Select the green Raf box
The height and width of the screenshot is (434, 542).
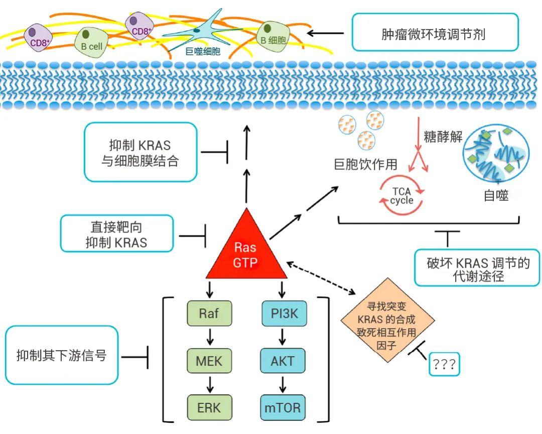209,313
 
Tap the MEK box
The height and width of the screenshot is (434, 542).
209,361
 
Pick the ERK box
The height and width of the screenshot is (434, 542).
209,407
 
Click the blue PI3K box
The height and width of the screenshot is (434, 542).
284,313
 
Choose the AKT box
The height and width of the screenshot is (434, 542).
283,361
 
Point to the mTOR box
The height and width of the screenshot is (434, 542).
283,407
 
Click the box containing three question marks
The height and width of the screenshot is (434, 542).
444,364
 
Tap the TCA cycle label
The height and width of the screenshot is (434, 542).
401,196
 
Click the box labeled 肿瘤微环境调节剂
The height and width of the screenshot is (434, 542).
435,32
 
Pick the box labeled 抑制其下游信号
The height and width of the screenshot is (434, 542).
62,355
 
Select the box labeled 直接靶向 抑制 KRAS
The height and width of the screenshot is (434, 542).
117,234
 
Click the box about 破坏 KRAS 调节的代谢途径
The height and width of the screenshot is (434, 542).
477,268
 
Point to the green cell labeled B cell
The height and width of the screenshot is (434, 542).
91,41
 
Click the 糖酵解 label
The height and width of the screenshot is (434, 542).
443,137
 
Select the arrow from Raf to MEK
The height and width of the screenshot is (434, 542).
210,337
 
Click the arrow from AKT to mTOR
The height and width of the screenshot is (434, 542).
283,383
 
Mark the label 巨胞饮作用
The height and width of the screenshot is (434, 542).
366,164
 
